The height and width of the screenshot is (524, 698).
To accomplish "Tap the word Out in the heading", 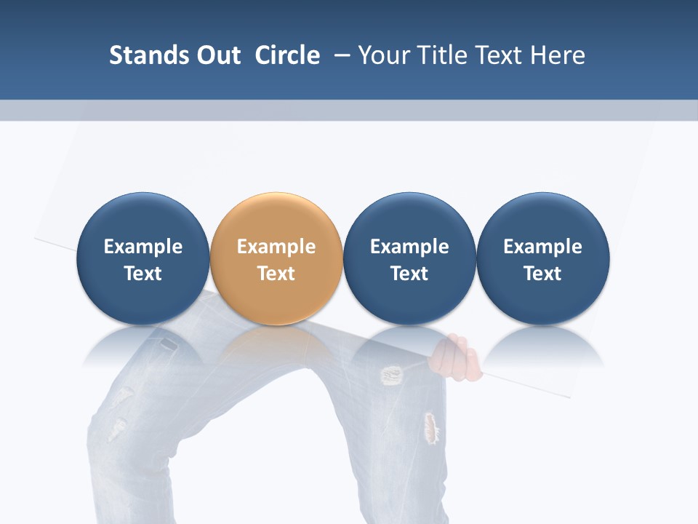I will point(217,55).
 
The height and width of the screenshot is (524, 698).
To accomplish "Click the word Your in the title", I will point(382,55).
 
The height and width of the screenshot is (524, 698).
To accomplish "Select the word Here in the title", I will point(558,55).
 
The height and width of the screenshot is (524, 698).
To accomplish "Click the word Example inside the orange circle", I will point(276,247).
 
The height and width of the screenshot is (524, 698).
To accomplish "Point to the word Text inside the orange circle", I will point(276,274).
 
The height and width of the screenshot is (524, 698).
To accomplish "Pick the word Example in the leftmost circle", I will point(143,247).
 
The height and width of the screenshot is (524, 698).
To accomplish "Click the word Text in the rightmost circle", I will point(542,274).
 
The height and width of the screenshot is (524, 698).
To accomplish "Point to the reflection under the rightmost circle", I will point(542,345).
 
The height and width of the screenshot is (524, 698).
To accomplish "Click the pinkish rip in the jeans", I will point(431,428).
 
